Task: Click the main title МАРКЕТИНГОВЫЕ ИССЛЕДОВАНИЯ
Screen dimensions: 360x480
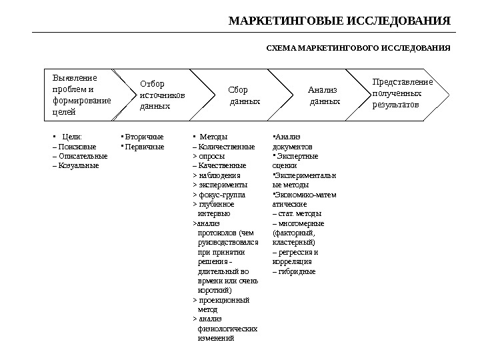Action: pos(340,20)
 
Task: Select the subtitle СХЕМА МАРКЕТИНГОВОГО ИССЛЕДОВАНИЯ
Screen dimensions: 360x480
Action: pos(359,49)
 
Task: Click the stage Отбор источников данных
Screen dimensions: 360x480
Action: pos(162,95)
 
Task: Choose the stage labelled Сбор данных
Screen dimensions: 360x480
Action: pos(244,95)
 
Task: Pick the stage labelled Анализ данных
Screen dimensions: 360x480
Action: pos(324,95)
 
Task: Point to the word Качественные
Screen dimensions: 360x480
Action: pos(222,165)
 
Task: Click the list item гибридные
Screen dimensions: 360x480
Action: pos(297,272)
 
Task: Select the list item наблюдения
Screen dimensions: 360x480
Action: pos(219,175)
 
